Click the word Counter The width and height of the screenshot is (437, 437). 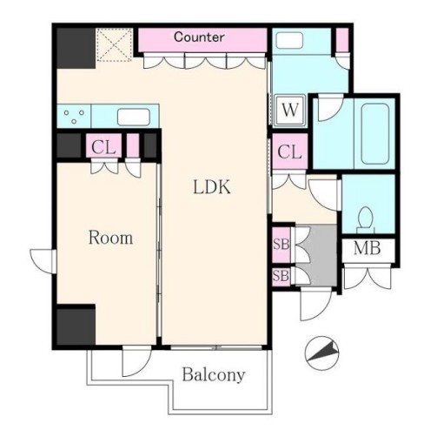[x=199, y=37]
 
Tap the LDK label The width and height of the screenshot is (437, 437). [x=212, y=187]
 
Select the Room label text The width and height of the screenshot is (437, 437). [x=110, y=238]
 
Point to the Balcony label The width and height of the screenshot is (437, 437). [x=214, y=374]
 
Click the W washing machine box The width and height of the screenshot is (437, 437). [x=290, y=111]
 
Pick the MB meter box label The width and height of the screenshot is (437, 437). [x=367, y=248]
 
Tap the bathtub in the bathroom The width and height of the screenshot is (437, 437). [x=375, y=134]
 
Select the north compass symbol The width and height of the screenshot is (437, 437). [x=321, y=353]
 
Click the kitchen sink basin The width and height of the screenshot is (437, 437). [x=134, y=117]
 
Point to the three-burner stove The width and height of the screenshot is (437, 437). [x=74, y=116]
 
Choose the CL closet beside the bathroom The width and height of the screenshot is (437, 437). [x=290, y=151]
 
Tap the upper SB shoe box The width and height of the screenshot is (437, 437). [x=281, y=245]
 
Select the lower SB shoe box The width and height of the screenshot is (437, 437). [x=281, y=276]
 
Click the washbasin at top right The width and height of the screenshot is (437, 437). [x=289, y=40]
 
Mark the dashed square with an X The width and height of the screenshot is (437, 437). [x=115, y=44]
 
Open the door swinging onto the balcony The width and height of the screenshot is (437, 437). [x=136, y=361]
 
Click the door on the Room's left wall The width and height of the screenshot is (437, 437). [x=43, y=261]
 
